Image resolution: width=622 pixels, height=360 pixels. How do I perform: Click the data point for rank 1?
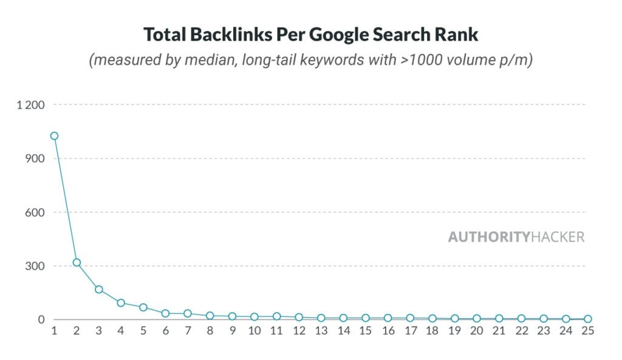coord(54,136)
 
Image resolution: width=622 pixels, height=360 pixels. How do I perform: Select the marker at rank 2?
coord(77,263)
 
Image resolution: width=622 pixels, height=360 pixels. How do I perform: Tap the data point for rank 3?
coord(98,290)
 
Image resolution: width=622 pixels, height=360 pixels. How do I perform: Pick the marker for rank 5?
coord(143,307)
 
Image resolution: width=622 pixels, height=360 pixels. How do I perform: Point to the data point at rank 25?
coord(587,319)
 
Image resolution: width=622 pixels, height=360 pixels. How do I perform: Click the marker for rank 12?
coord(298,317)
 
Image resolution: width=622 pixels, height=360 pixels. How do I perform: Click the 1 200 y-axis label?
coord(31,105)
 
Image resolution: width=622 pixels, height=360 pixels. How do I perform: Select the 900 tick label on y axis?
coord(36,158)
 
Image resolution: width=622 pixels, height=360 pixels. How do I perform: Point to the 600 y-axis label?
coord(36,212)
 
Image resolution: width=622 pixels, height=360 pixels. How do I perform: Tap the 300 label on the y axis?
coord(36,266)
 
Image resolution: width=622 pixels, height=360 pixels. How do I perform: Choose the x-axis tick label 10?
coord(254,331)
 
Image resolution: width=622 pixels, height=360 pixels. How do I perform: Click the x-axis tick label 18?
coord(432,331)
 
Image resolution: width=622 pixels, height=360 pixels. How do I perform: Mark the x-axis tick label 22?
coord(521,331)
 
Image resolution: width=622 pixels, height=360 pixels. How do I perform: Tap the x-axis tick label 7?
coord(188,331)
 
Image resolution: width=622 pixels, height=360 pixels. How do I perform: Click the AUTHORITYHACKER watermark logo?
coord(516,237)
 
